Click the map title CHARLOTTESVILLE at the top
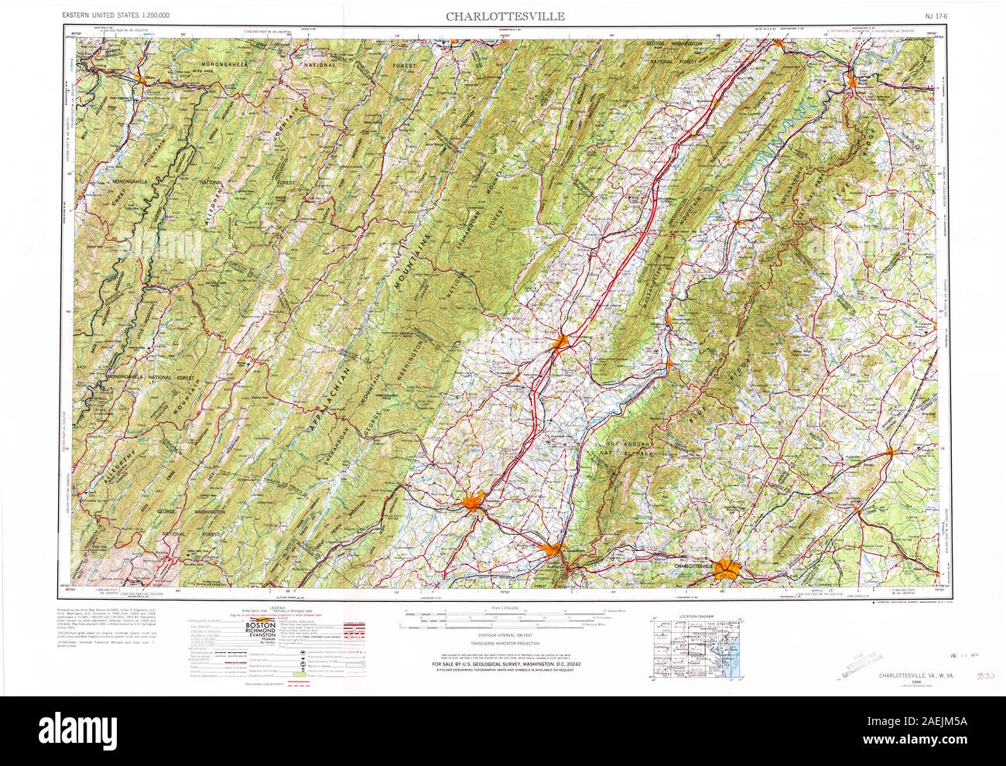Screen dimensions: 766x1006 click(x=504, y=15)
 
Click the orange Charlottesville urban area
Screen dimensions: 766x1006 click(x=727, y=570)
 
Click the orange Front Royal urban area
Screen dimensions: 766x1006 click(x=858, y=78)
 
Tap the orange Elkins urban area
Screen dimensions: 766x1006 click(x=142, y=77)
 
